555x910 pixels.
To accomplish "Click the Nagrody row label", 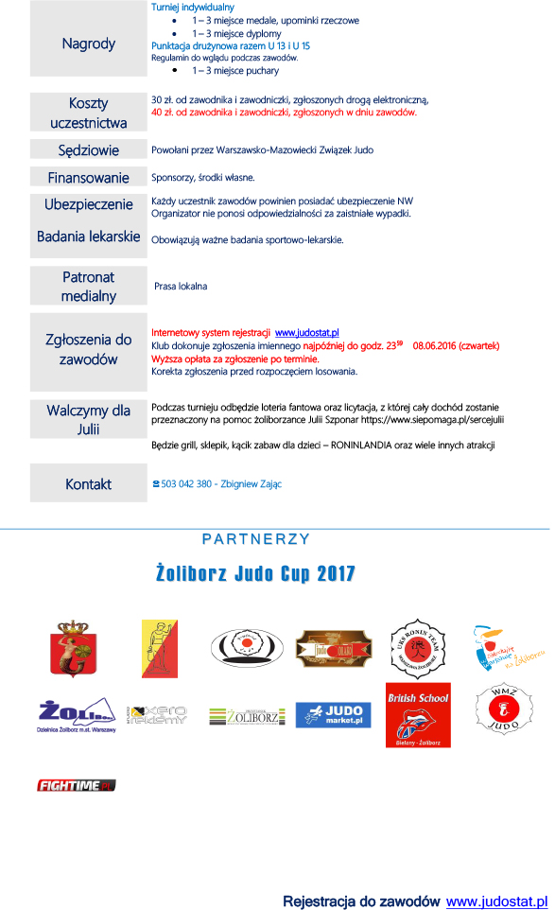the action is click(88, 44).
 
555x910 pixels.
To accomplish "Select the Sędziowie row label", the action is click(88, 149).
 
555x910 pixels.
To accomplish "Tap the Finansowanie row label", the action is click(88, 177).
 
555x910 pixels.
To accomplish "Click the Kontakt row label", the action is click(88, 483).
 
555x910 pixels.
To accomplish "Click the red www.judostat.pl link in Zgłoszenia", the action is click(306, 333).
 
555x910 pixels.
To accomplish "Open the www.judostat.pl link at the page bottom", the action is click(497, 901).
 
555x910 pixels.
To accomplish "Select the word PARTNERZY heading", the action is click(256, 539).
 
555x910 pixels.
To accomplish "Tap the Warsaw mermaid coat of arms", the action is click(68, 648).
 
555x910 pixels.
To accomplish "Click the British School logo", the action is click(417, 714).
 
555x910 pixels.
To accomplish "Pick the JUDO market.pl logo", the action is click(333, 715).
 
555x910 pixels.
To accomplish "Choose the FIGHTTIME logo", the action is click(76, 784).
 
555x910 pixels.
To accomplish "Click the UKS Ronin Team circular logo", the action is click(417, 648).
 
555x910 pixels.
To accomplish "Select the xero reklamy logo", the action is click(158, 715).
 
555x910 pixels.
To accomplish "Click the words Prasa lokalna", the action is click(181, 286).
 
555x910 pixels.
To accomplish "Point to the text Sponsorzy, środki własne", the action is click(203, 177).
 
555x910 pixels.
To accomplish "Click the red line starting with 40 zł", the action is click(284, 112).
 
